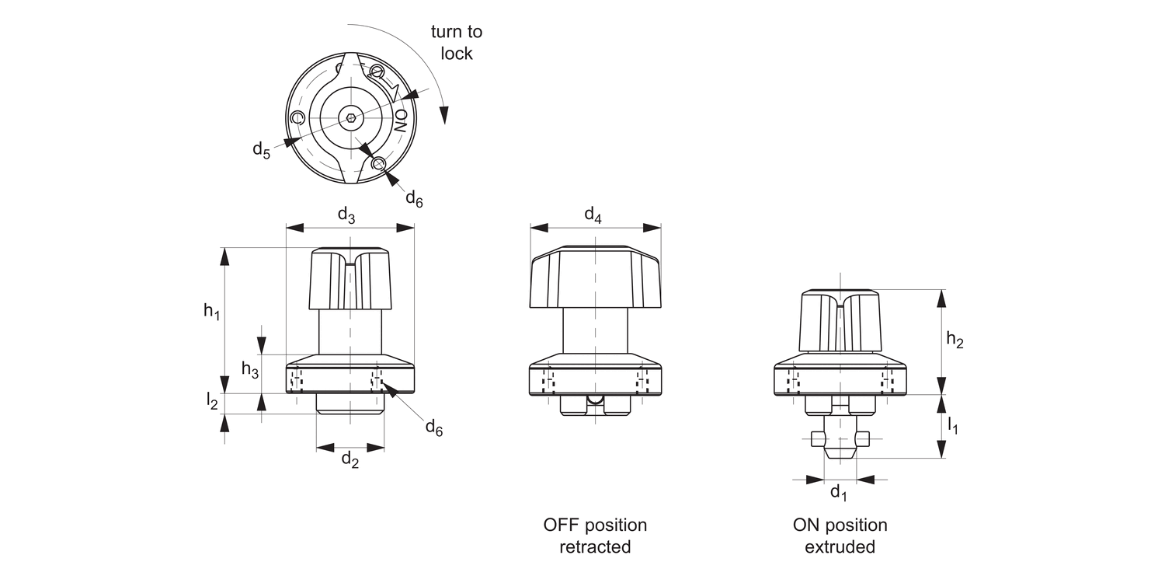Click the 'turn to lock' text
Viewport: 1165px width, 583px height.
click(457, 43)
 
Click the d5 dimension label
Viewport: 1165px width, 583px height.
click(261, 150)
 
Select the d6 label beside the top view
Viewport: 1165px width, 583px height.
click(414, 198)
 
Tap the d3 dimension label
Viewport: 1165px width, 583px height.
click(346, 216)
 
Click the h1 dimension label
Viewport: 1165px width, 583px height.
click(212, 312)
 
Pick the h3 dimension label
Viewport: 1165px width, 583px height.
click(249, 370)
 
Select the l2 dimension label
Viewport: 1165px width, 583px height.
click(211, 401)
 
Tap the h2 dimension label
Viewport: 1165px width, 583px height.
click(955, 340)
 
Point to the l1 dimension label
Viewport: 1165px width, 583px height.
click(953, 425)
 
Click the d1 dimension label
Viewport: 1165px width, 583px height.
click(839, 492)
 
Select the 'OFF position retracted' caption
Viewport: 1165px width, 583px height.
click(595, 536)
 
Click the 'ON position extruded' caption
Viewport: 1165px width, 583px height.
click(840, 536)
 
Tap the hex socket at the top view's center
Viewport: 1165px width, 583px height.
click(351, 119)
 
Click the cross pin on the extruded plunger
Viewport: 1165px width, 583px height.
click(838, 439)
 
